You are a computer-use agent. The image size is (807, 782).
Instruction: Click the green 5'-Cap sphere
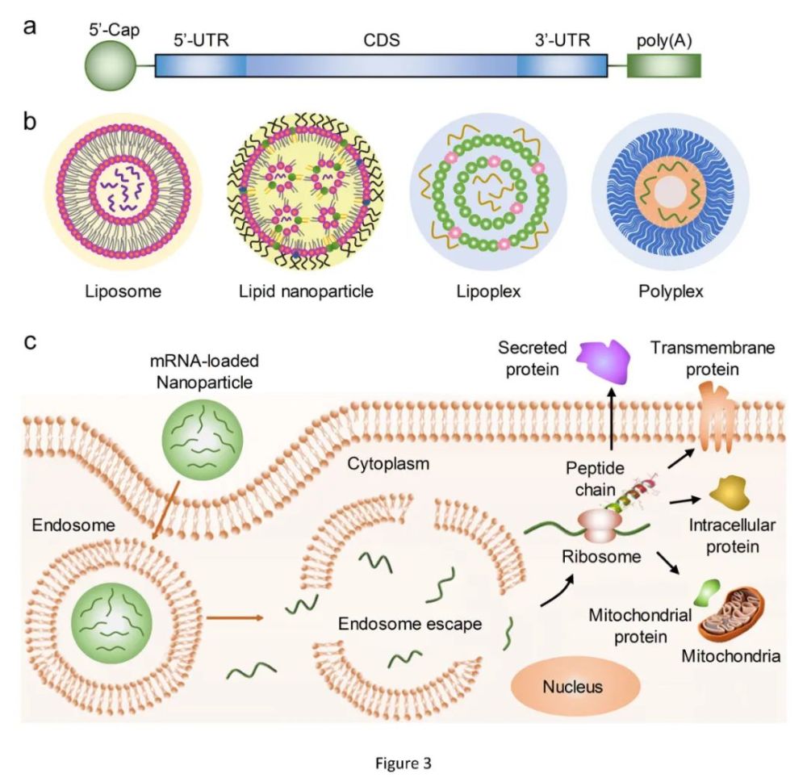(110, 66)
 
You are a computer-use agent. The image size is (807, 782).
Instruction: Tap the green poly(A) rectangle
(664, 66)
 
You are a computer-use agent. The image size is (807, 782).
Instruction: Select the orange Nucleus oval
(575, 688)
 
